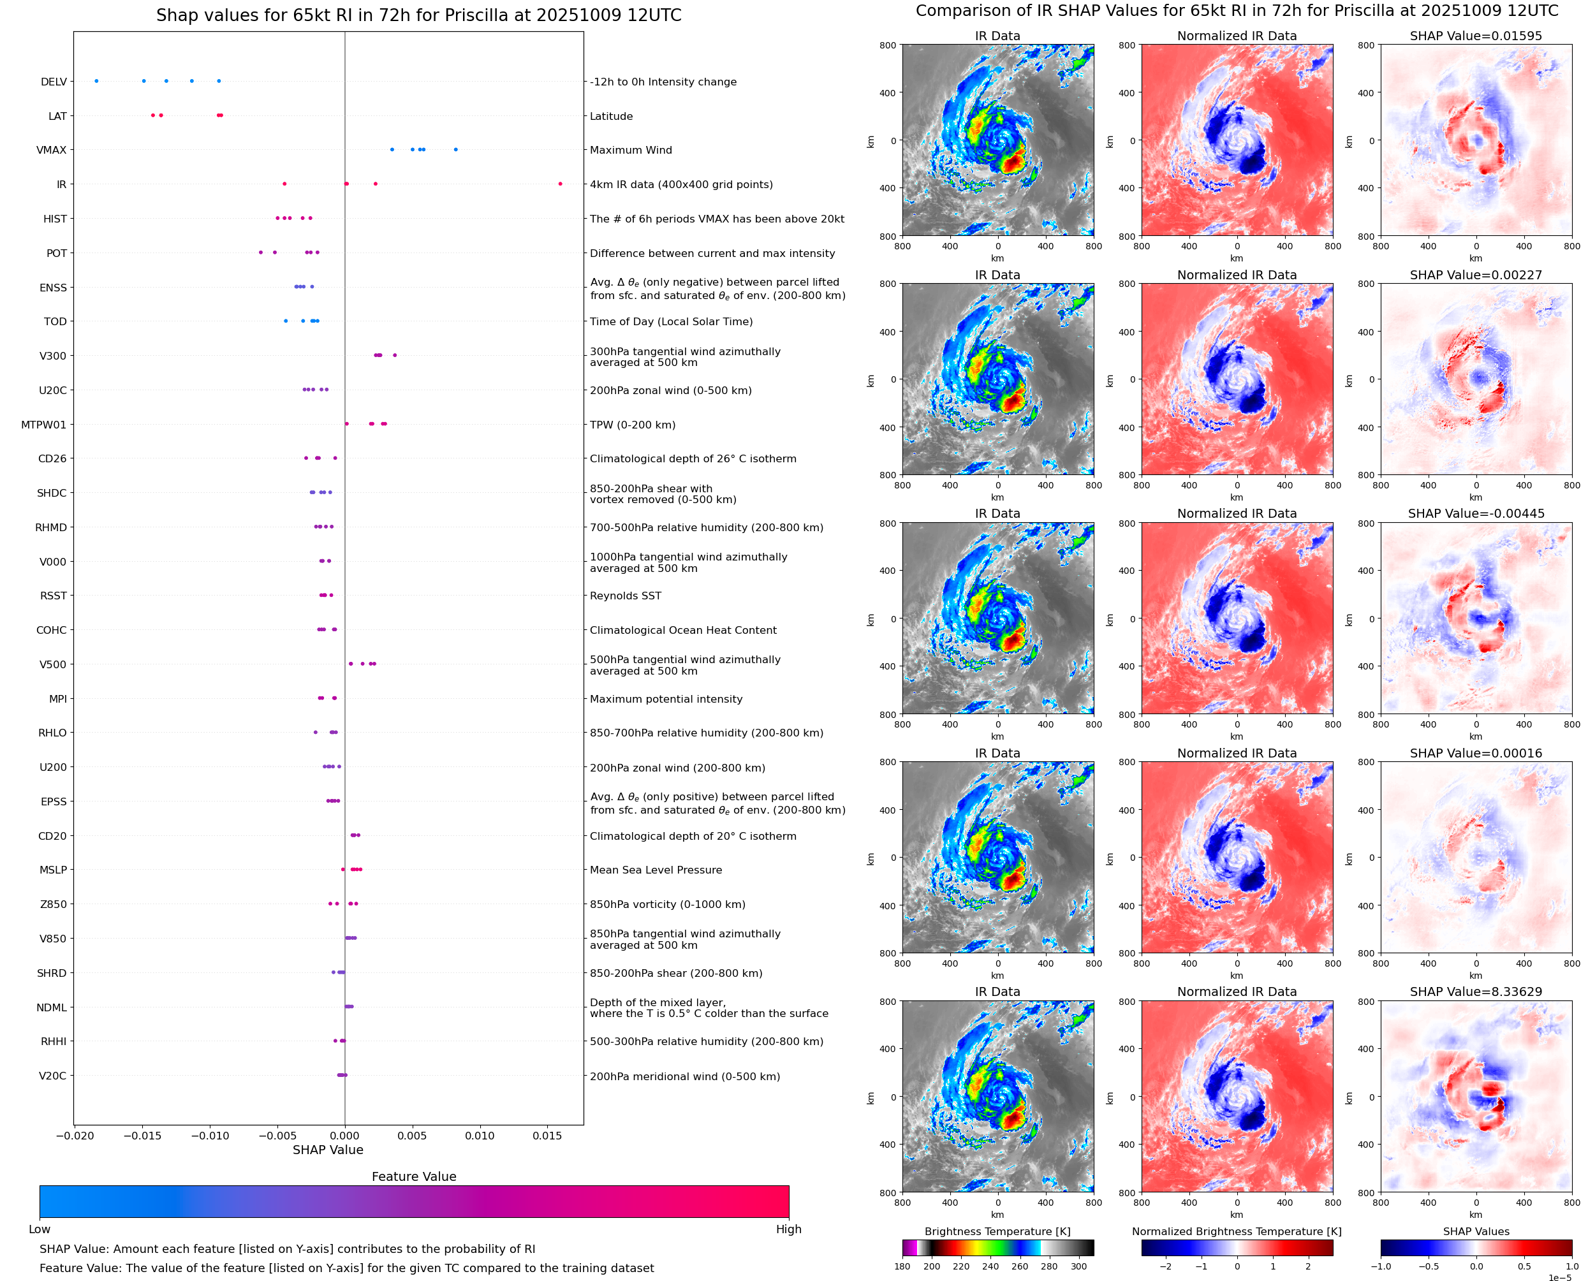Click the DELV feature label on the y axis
click(53, 82)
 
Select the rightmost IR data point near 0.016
click(560, 184)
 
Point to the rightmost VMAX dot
click(455, 150)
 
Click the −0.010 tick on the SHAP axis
click(210, 1136)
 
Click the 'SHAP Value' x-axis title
click(328, 1150)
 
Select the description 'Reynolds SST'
click(625, 596)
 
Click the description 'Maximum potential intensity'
click(666, 699)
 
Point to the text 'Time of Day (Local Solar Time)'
click(671, 322)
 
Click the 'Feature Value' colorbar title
click(413, 1176)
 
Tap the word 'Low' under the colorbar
click(39, 1229)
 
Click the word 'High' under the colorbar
click(788, 1229)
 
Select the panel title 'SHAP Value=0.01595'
click(1476, 36)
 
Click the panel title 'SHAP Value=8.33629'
click(1476, 992)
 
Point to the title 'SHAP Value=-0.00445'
click(1476, 513)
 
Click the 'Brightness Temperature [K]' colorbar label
click(997, 1231)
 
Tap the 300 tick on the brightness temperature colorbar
click(1079, 1266)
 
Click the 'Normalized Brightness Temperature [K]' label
click(1237, 1231)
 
